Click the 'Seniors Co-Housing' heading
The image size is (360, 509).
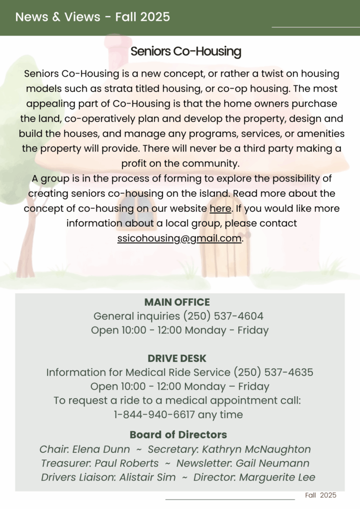(x=185, y=51)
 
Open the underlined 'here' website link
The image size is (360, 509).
(x=220, y=209)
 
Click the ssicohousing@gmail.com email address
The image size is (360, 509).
(x=180, y=238)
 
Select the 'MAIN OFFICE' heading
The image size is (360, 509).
(x=177, y=302)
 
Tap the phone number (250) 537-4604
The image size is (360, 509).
(x=223, y=316)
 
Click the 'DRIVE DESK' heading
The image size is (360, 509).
(x=177, y=358)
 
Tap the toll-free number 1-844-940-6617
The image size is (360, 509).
(x=153, y=414)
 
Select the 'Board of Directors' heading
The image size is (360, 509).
(x=178, y=434)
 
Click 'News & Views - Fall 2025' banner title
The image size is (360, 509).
(x=92, y=17)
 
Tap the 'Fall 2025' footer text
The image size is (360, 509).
(x=321, y=495)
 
